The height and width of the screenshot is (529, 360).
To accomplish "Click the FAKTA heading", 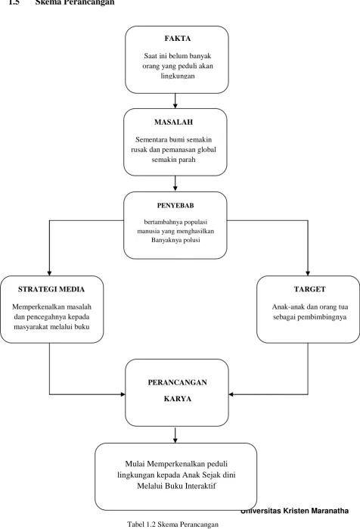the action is pos(178,39).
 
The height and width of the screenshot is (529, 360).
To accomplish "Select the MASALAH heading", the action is pos(174,122).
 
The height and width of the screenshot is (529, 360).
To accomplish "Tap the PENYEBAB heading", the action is pos(175,205).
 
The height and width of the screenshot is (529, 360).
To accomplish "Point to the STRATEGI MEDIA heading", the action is pos(51,289).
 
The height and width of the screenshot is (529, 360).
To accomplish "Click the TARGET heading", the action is pos(310,289).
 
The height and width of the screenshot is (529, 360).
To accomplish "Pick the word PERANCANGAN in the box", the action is pos(177,382).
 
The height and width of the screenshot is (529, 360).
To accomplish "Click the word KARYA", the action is pos(178,399).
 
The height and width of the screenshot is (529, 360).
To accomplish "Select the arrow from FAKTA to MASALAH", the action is pos(175,101).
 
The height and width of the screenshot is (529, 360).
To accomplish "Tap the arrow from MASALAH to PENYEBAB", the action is pos(175,183).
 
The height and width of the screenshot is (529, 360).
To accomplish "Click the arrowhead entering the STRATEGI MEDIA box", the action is pos(50,273).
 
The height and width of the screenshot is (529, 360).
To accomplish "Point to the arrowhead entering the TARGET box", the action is pos(308,273).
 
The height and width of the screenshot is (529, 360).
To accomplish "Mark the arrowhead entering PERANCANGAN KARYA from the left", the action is pos(123,394).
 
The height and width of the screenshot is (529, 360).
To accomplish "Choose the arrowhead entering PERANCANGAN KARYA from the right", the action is pos(231,394).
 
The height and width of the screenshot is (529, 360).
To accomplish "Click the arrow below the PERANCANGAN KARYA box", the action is pos(175,435).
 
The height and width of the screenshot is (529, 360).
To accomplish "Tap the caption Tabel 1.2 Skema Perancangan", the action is pos(172,524).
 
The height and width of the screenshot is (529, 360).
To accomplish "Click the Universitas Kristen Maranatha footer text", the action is pos(295,511).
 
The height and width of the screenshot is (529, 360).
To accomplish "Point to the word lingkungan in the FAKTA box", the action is pos(178,76).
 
